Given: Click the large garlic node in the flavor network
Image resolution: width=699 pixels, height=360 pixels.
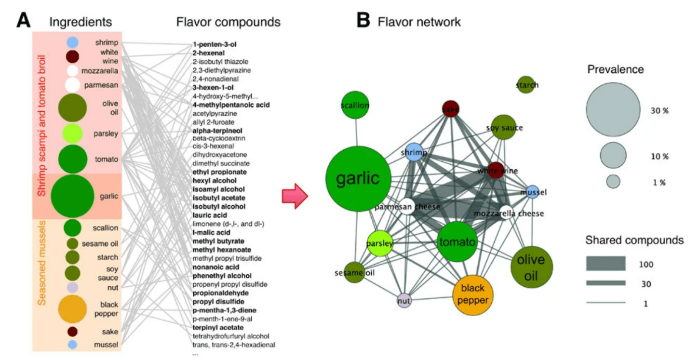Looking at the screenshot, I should pyautogui.click(x=357, y=178).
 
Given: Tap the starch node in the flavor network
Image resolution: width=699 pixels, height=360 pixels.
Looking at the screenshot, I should pyautogui.click(x=526, y=85).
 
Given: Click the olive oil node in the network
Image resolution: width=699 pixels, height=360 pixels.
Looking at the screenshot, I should pyautogui.click(x=531, y=266).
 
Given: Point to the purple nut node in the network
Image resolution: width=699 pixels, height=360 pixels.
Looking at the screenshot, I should pyautogui.click(x=404, y=301).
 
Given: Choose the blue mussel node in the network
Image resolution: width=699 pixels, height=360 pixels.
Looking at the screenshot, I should pyautogui.click(x=532, y=192).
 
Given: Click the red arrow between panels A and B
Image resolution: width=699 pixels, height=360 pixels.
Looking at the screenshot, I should pyautogui.click(x=295, y=196).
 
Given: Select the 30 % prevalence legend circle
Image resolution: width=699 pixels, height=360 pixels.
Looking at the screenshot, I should pyautogui.click(x=613, y=109).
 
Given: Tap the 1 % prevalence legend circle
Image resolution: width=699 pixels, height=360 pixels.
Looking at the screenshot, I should pyautogui.click(x=613, y=182).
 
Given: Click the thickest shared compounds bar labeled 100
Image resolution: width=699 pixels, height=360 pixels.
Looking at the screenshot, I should pyautogui.click(x=606, y=263).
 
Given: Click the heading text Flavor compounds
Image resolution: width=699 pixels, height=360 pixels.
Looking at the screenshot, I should pyautogui.click(x=228, y=22).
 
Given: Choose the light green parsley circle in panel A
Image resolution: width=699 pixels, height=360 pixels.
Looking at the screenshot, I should pyautogui.click(x=72, y=133).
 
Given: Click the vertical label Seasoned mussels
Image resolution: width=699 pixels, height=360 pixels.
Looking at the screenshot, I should pyautogui.click(x=42, y=263).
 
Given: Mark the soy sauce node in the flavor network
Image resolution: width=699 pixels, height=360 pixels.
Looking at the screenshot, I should pyautogui.click(x=504, y=127).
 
